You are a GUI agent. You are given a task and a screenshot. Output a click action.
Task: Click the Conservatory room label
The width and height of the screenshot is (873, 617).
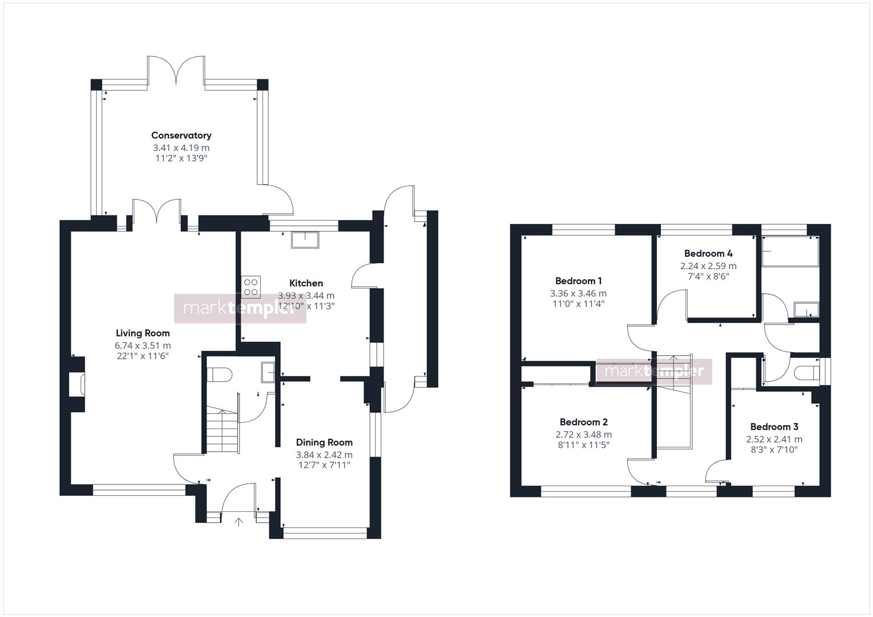coord(181,135)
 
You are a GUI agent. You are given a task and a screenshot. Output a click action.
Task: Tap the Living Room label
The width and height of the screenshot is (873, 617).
coord(142,333)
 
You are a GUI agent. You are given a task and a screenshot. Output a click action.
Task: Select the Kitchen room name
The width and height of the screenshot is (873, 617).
coord(306,283)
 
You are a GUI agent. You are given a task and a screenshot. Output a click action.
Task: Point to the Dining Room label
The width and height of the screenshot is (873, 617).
coord(324,442)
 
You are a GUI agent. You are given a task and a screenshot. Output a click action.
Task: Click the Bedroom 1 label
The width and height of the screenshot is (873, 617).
coord(578,281)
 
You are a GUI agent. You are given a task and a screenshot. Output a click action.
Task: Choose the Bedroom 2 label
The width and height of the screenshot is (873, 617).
coord(583,422)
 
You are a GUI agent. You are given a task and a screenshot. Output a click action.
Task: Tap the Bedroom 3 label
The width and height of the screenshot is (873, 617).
coord(774,427)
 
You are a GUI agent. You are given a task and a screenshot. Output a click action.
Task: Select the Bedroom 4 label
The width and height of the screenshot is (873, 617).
coord(708,253)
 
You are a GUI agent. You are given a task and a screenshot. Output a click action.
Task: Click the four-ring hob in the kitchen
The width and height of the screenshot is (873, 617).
coord(251,287)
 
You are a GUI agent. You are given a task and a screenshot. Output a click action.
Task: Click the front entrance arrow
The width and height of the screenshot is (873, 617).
coord(238,521)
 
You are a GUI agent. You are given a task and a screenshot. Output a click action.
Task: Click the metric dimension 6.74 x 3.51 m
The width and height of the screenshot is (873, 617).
coord(142,346)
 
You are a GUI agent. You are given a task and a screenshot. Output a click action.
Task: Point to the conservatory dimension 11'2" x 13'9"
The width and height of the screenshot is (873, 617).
coord(181,158)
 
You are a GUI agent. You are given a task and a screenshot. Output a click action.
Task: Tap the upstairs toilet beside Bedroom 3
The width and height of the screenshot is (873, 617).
coord(806,372)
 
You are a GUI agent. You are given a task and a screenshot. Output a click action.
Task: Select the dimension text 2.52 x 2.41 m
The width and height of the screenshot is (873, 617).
coord(774,439)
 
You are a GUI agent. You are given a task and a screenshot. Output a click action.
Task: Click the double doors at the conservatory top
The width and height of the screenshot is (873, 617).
coord(177,73)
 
